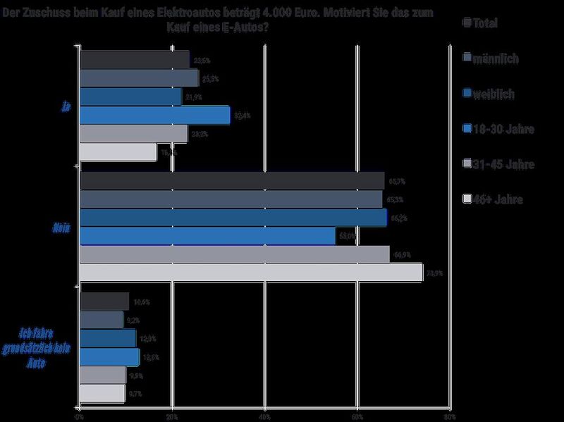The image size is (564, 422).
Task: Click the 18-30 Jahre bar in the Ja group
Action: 155,115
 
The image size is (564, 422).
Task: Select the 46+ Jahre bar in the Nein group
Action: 252,273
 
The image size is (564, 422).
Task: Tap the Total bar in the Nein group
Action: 232,181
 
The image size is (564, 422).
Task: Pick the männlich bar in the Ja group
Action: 140,77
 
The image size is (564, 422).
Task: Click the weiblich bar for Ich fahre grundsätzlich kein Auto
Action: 108,338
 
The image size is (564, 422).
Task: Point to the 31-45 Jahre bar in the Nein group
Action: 235,254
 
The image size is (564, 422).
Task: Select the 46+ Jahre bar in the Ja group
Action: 118,151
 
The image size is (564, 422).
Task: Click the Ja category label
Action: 66,107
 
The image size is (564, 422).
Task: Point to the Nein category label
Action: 62,228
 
